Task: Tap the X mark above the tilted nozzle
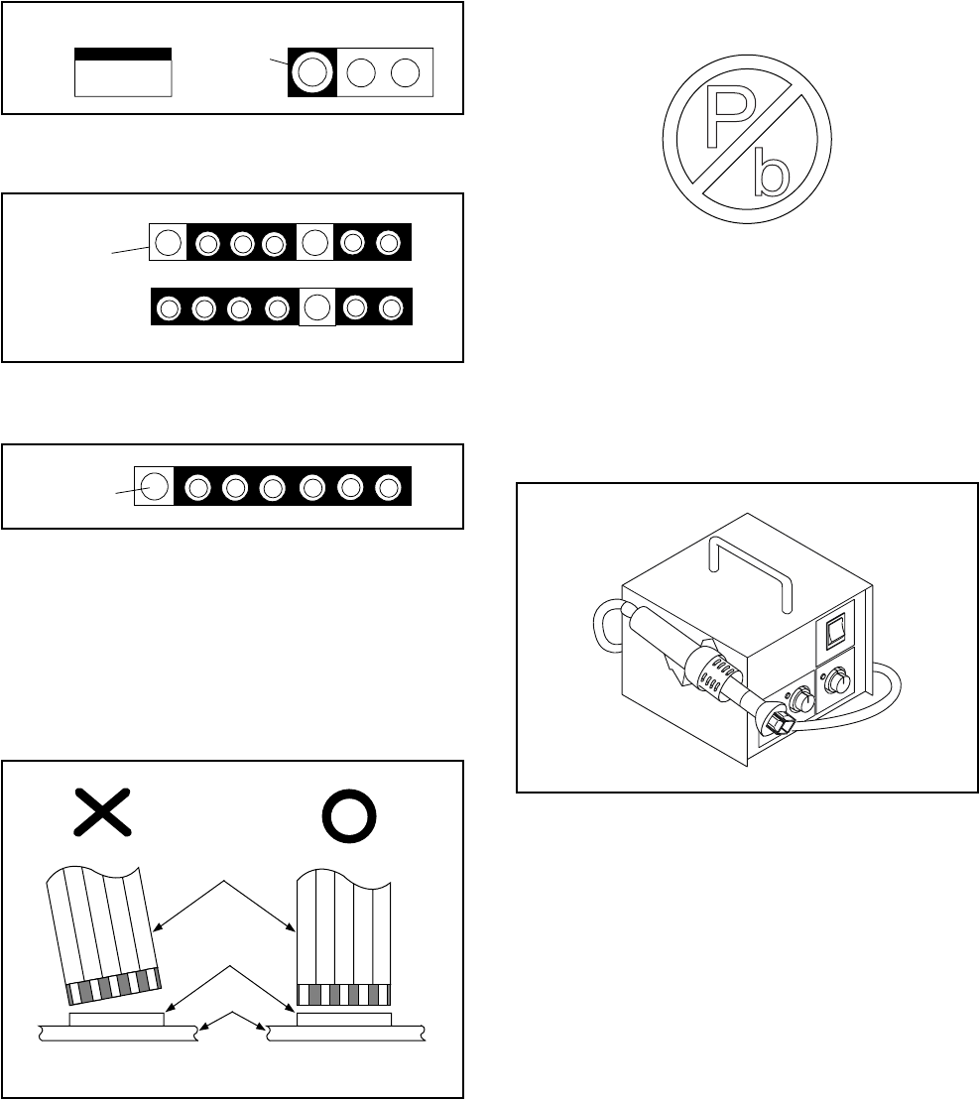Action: click(103, 814)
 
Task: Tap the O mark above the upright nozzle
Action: click(349, 814)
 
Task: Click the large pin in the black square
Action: click(311, 72)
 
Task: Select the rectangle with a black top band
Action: click(123, 71)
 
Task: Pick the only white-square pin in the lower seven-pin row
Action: click(316, 307)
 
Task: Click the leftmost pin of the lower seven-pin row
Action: click(169, 308)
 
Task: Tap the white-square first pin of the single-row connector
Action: click(153, 487)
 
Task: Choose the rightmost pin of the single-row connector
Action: click(390, 487)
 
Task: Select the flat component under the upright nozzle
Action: click(343, 1019)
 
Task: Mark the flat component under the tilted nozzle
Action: click(117, 1019)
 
